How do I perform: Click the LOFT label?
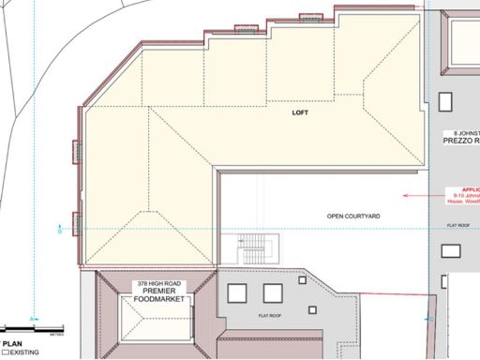tap(299, 112)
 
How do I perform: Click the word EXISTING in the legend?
tap(25, 353)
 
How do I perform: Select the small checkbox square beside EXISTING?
tap(5, 353)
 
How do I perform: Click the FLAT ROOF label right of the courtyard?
tap(457, 226)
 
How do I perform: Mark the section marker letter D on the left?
tap(60, 231)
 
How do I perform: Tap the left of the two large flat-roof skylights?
tap(236, 293)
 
